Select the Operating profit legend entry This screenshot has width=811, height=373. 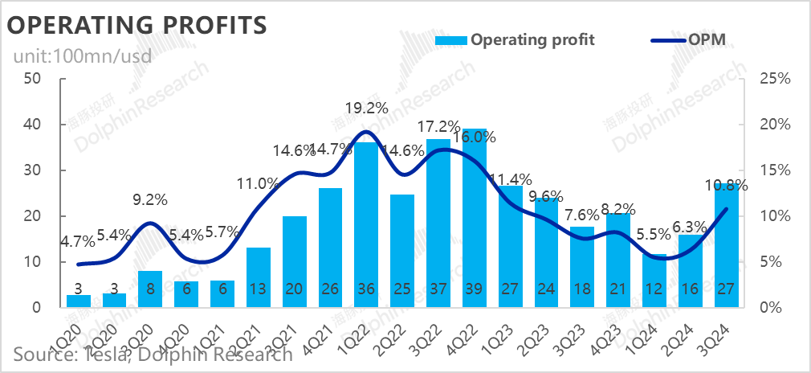pyautogui.click(x=514, y=39)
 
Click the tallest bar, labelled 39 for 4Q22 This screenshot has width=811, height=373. pyautogui.click(x=474, y=217)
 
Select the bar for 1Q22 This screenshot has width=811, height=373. pyautogui.click(x=366, y=225)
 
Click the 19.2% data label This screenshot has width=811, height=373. pyautogui.click(x=367, y=107)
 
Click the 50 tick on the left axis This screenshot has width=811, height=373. pyautogui.click(x=33, y=79)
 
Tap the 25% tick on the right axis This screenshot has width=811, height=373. pyautogui.click(x=776, y=79)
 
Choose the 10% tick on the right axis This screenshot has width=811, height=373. pyautogui.click(x=776, y=216)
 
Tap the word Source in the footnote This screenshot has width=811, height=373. pyautogui.click(x=40, y=354)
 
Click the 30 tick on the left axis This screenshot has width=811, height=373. pyautogui.click(x=33, y=170)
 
